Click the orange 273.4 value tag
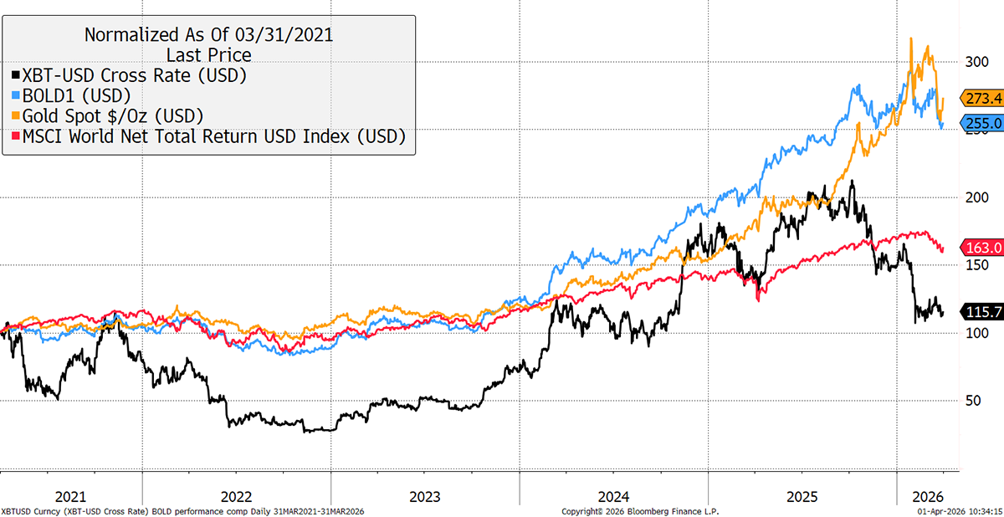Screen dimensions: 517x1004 click(981, 97)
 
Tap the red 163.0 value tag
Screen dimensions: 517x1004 click(981, 248)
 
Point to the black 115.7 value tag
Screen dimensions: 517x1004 click(981, 311)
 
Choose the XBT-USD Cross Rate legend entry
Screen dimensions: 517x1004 click(140, 75)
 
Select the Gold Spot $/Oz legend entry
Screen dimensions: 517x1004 click(115, 115)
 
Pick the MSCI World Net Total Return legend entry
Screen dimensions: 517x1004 click(214, 136)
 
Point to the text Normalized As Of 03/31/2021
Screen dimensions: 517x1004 click(208, 35)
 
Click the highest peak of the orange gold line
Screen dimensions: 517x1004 click(909, 38)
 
